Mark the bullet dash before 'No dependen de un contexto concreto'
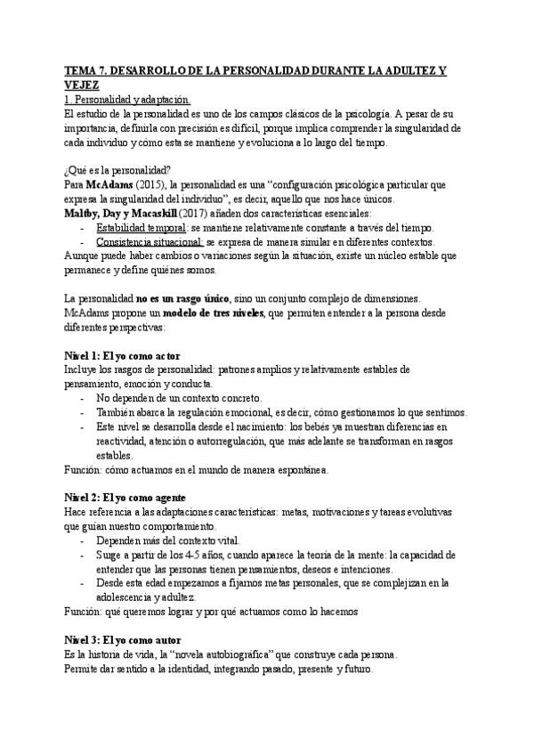point(82,396)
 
